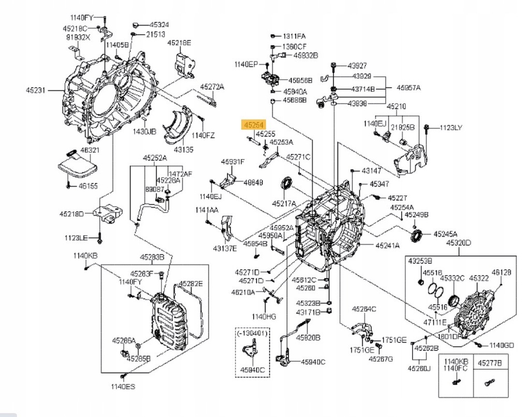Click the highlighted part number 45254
click(254, 125)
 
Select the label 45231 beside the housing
click(36, 90)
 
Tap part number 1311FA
click(293, 36)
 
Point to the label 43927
click(357, 65)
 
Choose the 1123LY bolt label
click(451, 127)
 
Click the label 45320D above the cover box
click(459, 242)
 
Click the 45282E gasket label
click(191, 284)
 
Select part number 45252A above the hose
click(155, 157)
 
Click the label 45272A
click(212, 87)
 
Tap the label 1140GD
click(502, 345)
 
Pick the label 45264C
click(364, 309)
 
